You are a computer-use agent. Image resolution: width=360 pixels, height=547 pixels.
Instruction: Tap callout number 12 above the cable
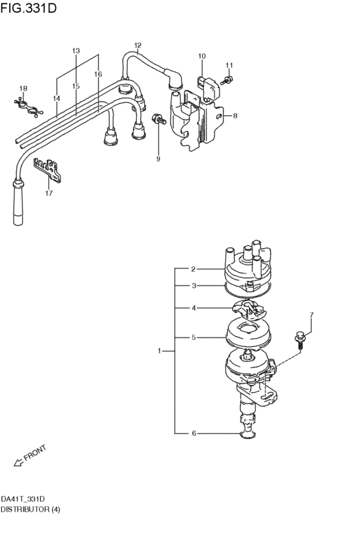[x=137, y=45]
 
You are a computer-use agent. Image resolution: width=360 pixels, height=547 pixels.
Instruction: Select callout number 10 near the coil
[x=201, y=57]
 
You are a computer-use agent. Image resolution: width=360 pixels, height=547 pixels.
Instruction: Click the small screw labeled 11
[x=226, y=80]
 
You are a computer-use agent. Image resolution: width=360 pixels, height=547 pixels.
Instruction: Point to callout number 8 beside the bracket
[x=235, y=116]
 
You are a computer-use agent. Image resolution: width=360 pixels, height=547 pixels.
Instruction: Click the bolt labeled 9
[x=156, y=120]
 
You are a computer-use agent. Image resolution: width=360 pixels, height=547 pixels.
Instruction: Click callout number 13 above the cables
[x=76, y=50]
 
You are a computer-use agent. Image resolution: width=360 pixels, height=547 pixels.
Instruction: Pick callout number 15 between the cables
[x=76, y=85]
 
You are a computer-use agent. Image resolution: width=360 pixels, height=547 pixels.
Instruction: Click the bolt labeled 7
[x=300, y=336]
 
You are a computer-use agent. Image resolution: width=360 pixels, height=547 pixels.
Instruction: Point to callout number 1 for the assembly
[x=161, y=351]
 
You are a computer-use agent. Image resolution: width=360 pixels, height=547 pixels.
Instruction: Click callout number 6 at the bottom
[x=193, y=433]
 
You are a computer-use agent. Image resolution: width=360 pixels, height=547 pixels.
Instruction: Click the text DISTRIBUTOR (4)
[x=31, y=508]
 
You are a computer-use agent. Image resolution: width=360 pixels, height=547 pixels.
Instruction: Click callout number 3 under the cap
[x=193, y=285]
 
